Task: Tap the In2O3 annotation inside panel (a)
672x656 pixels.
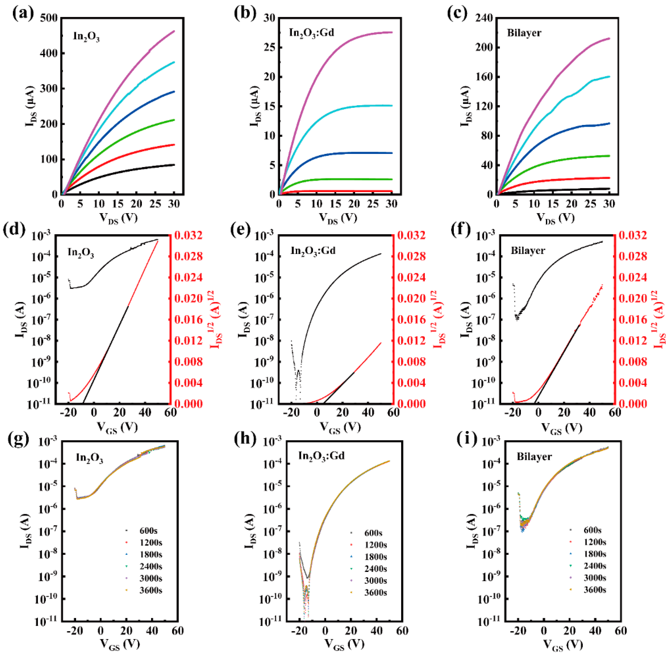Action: click(x=86, y=36)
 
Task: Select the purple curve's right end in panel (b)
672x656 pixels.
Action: click(x=392, y=32)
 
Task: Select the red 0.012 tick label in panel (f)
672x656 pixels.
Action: click(x=632, y=341)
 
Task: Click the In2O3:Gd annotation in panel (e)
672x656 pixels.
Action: click(x=313, y=251)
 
